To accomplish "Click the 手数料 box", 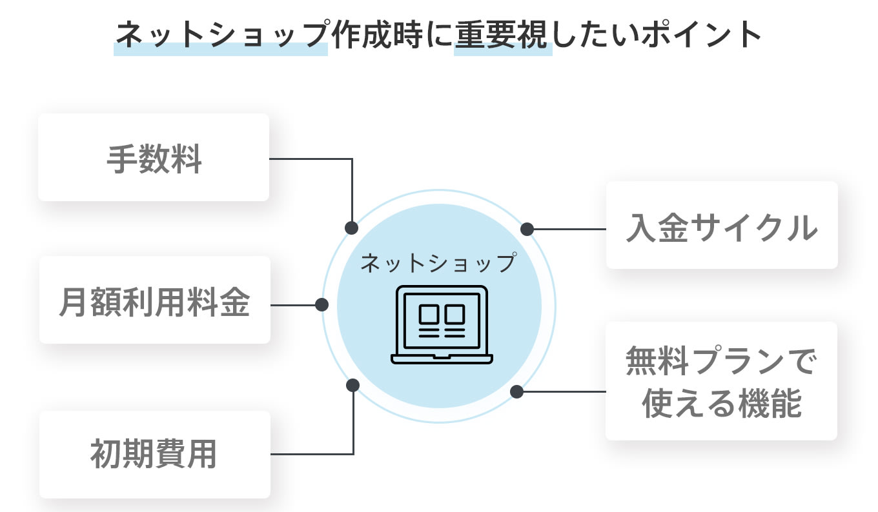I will pyautogui.click(x=154, y=158).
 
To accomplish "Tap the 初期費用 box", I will pyautogui.click(x=154, y=455).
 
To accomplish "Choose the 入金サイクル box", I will pyautogui.click(x=722, y=226).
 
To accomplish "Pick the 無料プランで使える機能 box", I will pyautogui.click(x=721, y=382).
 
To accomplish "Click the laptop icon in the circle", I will pyautogui.click(x=442, y=325).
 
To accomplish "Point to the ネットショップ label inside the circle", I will pyautogui.click(x=439, y=263).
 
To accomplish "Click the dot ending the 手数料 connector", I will pyautogui.click(x=352, y=228).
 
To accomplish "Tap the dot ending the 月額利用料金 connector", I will pyautogui.click(x=322, y=304).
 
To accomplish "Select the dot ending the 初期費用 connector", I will pyautogui.click(x=352, y=385).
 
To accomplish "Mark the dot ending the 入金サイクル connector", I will pyautogui.click(x=527, y=228).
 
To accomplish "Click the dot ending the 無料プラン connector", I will pyautogui.click(x=516, y=391).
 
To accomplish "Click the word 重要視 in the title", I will pyautogui.click(x=503, y=35).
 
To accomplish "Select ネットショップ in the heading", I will pyautogui.click(x=221, y=35).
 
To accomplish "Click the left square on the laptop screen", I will pyautogui.click(x=429, y=314).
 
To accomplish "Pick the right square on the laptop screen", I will pyautogui.click(x=454, y=314).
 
